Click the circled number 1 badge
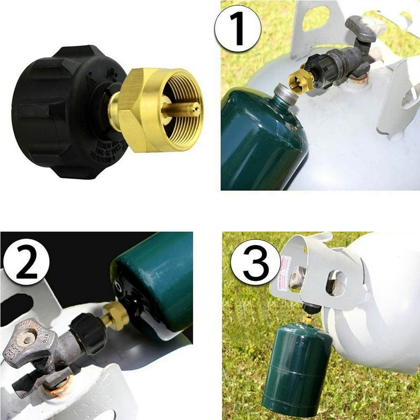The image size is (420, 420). [238, 28]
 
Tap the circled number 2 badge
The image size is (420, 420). [26, 262]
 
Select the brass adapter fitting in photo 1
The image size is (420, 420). [300, 80]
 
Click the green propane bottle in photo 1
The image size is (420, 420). [260, 143]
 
